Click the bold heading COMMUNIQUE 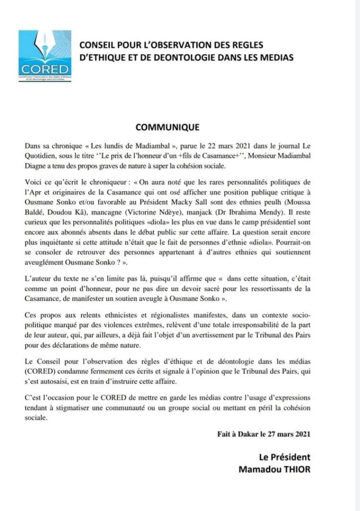click(x=167, y=127)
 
